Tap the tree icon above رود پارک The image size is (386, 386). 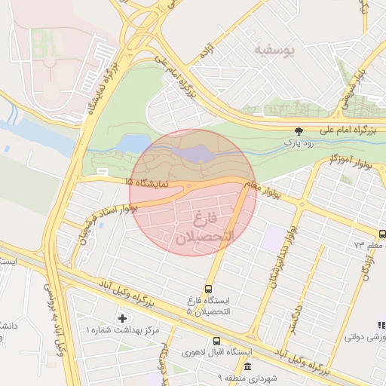point(299,130)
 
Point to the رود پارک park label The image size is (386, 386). point(299,141)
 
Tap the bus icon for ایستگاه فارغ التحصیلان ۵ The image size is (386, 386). point(208,288)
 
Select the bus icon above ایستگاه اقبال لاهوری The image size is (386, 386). point(217,341)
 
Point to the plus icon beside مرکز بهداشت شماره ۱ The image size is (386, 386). point(123,318)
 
